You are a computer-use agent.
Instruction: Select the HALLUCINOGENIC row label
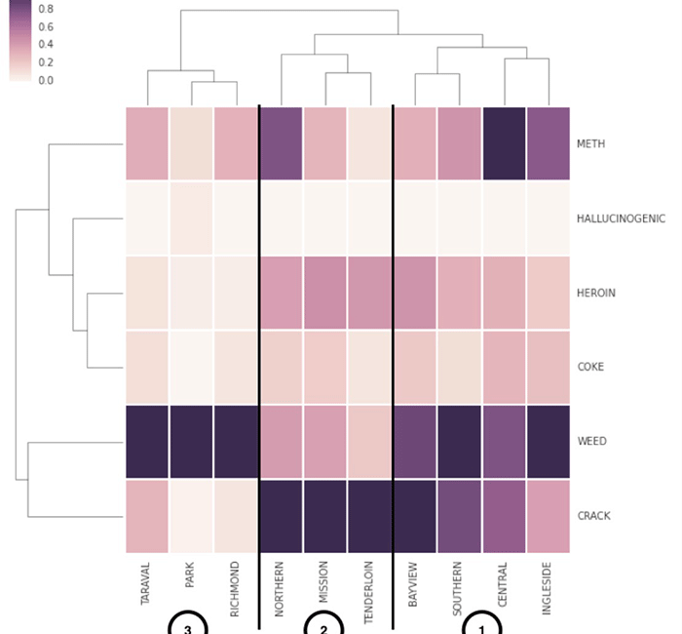coord(621,218)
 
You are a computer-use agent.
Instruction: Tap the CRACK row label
coord(592,515)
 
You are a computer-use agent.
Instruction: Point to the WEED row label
coord(591,441)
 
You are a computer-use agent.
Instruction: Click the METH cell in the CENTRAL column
coord(504,144)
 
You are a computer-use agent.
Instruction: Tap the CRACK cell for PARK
coord(191,515)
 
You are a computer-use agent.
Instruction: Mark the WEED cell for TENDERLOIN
coord(369,441)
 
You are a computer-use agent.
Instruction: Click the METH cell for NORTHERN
coord(281,144)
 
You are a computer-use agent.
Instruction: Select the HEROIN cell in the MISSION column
coord(324,293)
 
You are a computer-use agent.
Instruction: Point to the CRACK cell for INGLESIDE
coord(548,515)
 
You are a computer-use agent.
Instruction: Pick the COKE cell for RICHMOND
coord(236,367)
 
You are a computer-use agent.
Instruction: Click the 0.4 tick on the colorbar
coord(46,44)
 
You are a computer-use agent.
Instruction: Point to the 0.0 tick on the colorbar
coord(46,80)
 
